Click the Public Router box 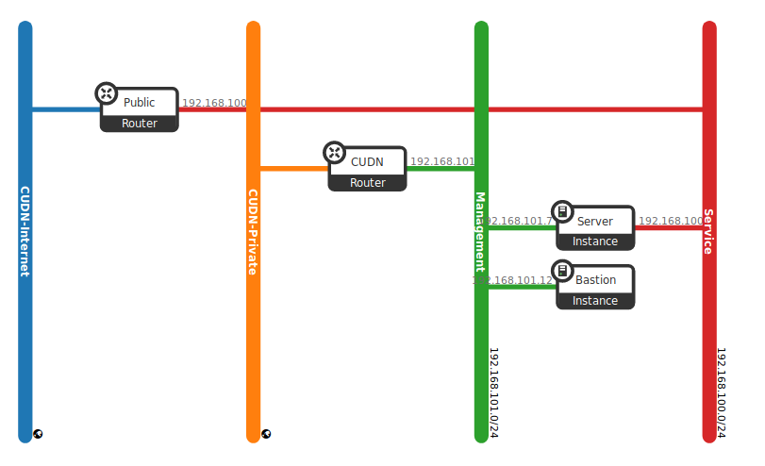[140, 110]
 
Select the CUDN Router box [368, 169]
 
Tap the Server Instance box [595, 228]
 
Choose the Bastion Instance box [595, 287]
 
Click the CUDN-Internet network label [25, 231]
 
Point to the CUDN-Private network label [253, 232]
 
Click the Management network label [480, 232]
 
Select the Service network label [708, 232]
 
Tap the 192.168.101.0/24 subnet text [493, 392]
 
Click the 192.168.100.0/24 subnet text [721, 392]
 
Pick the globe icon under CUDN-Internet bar [39, 434]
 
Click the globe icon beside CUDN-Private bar [267, 434]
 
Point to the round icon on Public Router [107, 93]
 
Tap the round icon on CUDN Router [334, 152]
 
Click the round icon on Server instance [562, 211]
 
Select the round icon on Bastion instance [562, 271]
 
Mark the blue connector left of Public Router [66, 109]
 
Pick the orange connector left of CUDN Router [293, 169]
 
